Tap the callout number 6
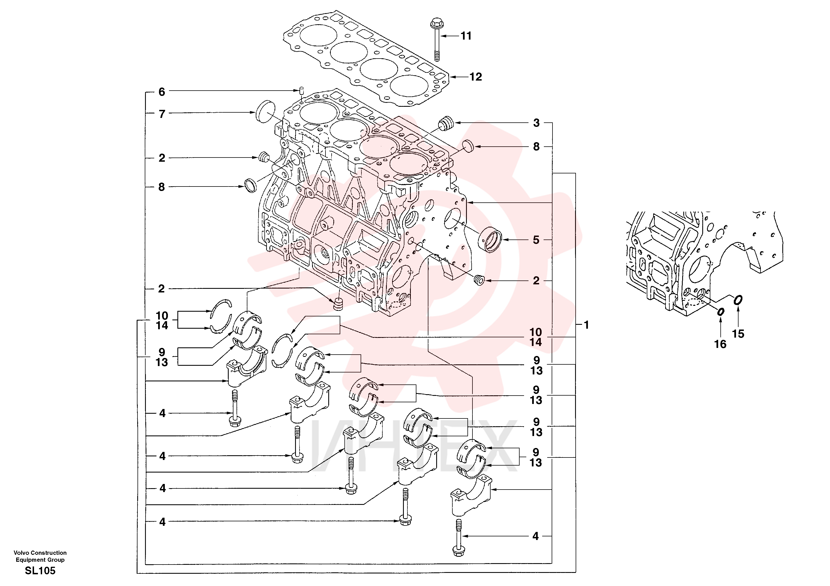point(161,92)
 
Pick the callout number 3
point(537,123)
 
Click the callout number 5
point(536,239)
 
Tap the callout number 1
point(586,325)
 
